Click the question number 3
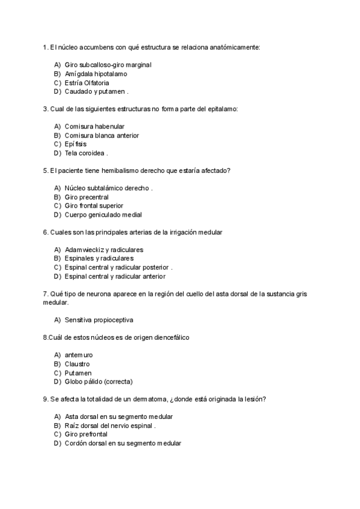pyautogui.click(x=45, y=109)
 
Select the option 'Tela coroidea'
pyautogui.click(x=84, y=153)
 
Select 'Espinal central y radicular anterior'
pyautogui.click(x=115, y=276)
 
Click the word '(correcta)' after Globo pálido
pyautogui.click(x=118, y=381)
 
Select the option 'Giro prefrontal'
pyautogui.click(x=86, y=434)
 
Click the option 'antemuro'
pyautogui.click(x=79, y=355)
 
